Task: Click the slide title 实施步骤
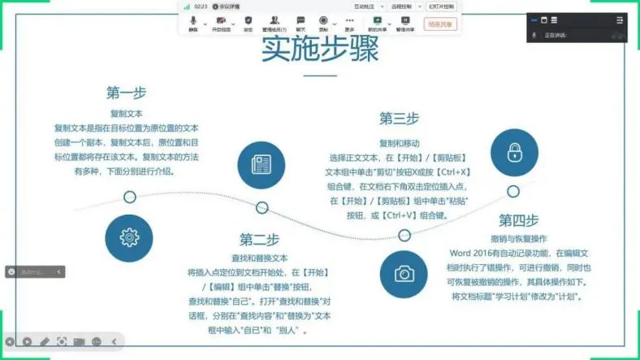coord(320,50)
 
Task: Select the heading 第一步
coord(126,93)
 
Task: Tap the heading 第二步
coord(260,240)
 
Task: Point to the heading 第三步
coord(399,119)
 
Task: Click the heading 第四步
coord(518,220)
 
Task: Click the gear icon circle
coord(128,237)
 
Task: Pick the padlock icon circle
coord(514,153)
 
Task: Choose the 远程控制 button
coord(402,6)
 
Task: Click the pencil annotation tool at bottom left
coord(45,342)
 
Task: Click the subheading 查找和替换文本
coord(260,258)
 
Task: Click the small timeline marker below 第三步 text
coord(404,236)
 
